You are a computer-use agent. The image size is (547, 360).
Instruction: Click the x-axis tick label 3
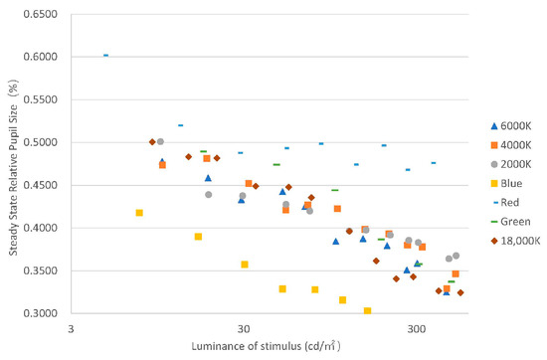[71, 327]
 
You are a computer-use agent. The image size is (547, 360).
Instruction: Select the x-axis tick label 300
[416, 327]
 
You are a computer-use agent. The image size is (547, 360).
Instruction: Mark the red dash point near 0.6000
[105, 56]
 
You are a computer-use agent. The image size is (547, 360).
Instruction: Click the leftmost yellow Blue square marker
[139, 213]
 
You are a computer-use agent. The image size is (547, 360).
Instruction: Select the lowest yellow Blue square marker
[368, 311]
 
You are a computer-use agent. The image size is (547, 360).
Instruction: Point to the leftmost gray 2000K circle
[160, 142]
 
